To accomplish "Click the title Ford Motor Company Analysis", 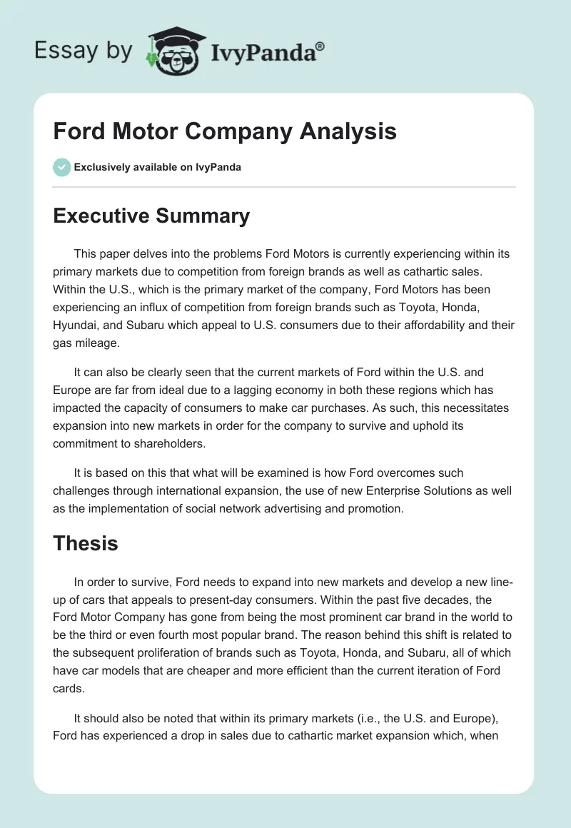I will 224,132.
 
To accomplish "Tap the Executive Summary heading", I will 151,216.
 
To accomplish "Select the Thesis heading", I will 85,543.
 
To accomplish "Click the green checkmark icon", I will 61,167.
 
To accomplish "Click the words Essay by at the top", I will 84,51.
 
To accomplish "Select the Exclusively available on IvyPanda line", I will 158,167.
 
